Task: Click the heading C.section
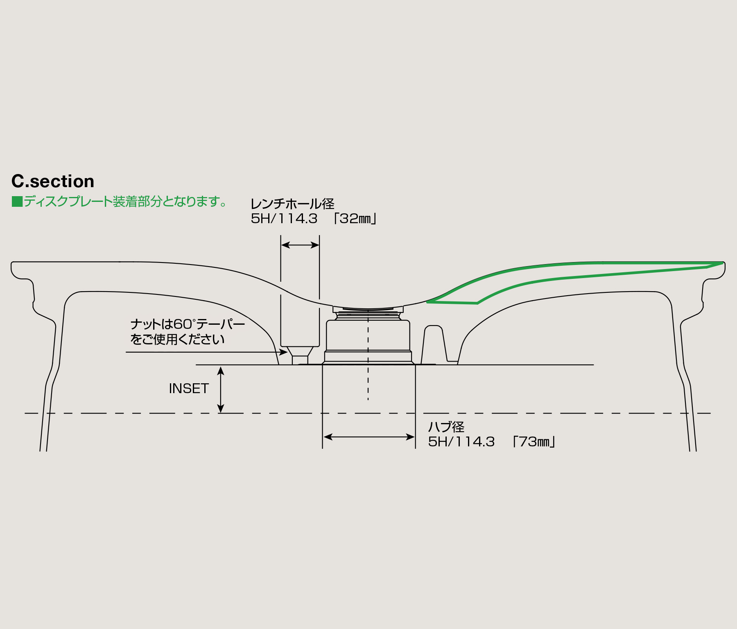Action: [x=53, y=181]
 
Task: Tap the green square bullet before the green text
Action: [x=17, y=201]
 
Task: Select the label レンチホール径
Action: [x=292, y=204]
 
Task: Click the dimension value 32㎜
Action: [x=355, y=219]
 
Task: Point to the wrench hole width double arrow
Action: [x=300, y=245]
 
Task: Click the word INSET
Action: [x=189, y=388]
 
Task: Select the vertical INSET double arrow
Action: [x=221, y=389]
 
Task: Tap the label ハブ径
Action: [x=446, y=427]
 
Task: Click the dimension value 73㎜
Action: [x=534, y=442]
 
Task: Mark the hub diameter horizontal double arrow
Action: [x=369, y=437]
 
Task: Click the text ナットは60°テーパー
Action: [x=188, y=324]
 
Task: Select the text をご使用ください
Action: [x=177, y=339]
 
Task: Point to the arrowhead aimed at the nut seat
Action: [x=283, y=352]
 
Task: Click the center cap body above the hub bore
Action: [x=368, y=336]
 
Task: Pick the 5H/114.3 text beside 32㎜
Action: [x=284, y=219]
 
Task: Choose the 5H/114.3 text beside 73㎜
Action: [x=461, y=442]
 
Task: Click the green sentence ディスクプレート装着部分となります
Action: [x=125, y=201]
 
